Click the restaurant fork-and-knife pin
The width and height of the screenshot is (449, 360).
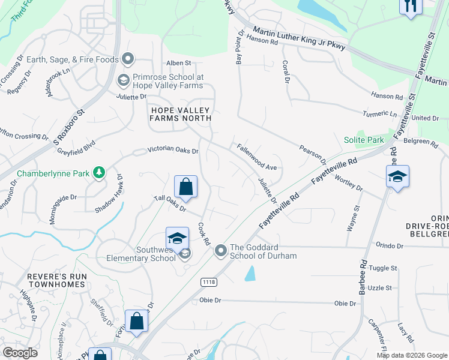coord(411,6)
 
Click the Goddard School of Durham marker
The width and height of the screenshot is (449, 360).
coord(221,250)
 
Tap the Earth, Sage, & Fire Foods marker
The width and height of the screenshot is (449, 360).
coord(127,58)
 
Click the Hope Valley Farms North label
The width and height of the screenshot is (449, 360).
coord(181,114)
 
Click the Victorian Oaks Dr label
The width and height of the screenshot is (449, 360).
coord(173,151)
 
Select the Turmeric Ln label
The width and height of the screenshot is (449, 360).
coord(384,113)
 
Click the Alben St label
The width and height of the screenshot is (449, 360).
coord(178,62)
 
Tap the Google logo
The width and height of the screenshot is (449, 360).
coord(19,353)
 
